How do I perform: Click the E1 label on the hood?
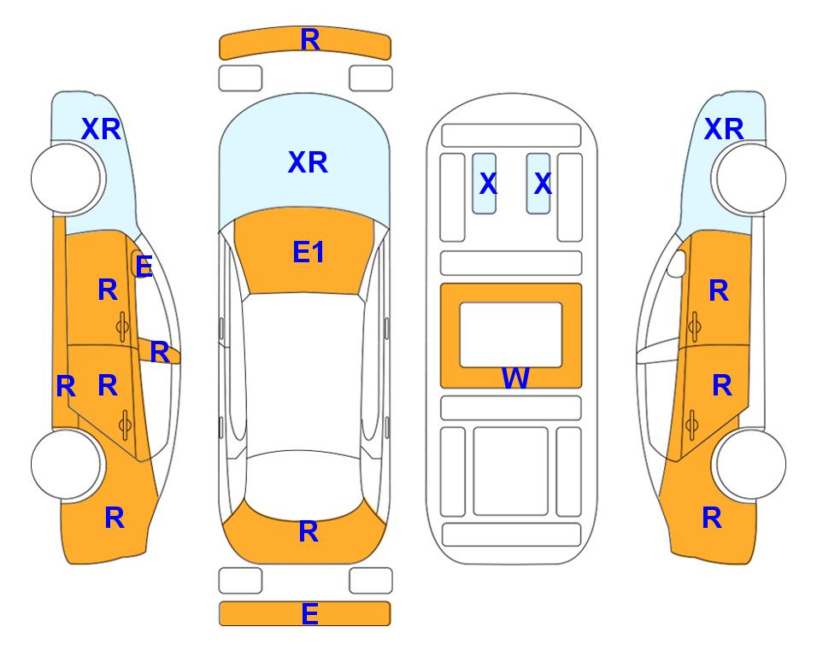309,253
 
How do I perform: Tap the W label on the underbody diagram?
515,378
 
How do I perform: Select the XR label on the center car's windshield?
308,162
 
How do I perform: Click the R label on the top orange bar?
310,40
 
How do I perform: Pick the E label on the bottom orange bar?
309,613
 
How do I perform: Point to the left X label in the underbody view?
488,183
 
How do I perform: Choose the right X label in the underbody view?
543,183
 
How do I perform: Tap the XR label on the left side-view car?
102,129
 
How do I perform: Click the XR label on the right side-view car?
724,129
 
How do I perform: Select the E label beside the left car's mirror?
144,266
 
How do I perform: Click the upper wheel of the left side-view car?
67,179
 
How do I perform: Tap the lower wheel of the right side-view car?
750,464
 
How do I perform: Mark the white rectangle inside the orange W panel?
511,335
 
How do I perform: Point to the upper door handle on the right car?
694,326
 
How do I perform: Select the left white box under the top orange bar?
240,79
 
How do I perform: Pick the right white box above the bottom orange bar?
371,581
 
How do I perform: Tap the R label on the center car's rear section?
309,532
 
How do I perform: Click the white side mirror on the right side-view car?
677,263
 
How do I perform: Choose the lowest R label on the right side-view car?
712,518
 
